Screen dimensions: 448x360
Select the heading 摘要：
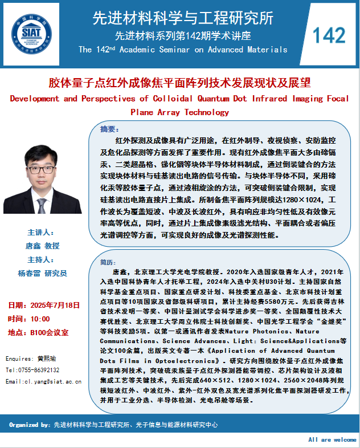click(110, 128)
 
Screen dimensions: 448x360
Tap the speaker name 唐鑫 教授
click(43, 246)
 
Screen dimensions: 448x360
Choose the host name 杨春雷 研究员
click(43, 274)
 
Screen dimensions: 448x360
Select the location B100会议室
click(48, 332)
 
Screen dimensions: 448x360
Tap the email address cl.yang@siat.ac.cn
click(49, 381)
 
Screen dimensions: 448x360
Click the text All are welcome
click(332, 440)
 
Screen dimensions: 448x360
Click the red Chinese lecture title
click(179, 83)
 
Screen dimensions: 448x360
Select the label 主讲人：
click(40, 233)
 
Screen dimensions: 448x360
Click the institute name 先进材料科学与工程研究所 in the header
click(183, 18)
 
